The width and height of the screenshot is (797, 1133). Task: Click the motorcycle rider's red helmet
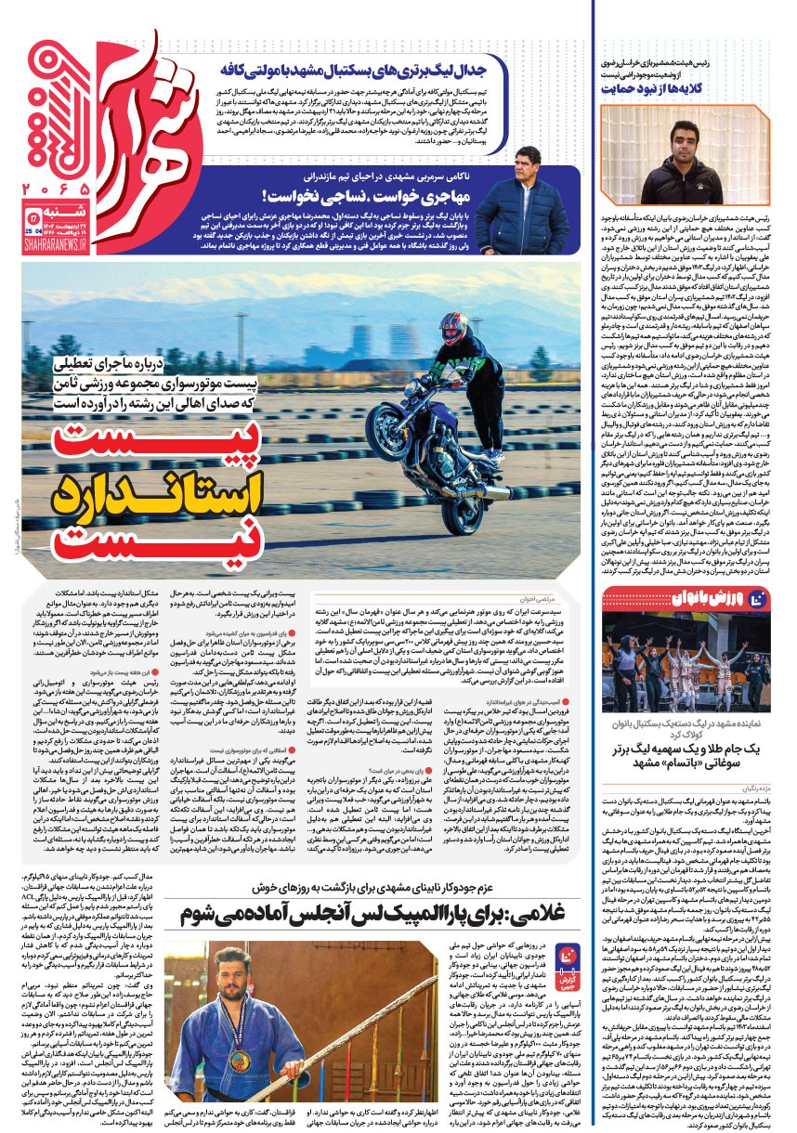[x=453, y=327]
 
